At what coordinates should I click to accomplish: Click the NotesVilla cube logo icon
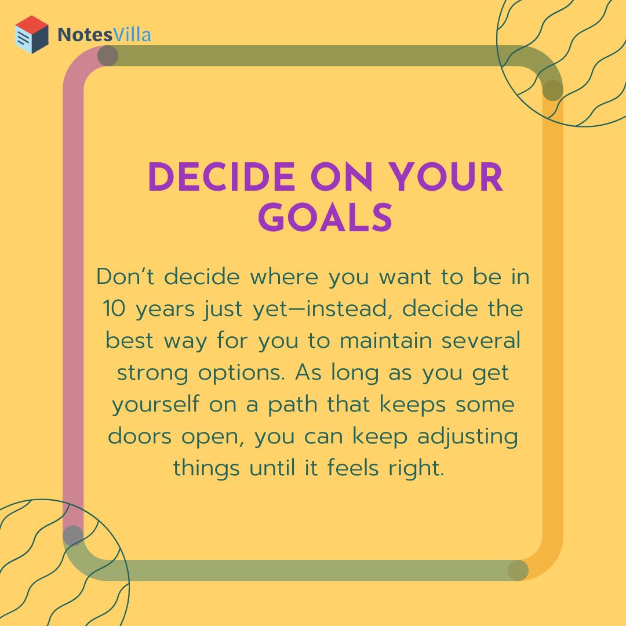pos(31,35)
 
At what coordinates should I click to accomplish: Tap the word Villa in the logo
pos(133,35)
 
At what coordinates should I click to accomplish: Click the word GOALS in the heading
pos(325,218)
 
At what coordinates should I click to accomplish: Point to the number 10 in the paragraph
pos(115,308)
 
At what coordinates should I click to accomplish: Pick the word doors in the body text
pos(136,436)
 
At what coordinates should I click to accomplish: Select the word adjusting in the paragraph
pos(468,436)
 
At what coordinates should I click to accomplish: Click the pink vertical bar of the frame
pos(73,290)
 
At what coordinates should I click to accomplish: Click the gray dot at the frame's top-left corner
pos(108,56)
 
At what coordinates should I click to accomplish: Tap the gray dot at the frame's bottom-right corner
pos(518,570)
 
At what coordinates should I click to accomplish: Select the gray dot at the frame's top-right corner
pos(553,90)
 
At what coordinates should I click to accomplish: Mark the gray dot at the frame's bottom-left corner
pos(73,535)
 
